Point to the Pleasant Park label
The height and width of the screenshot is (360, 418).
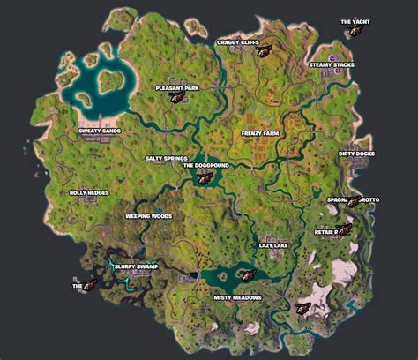pos(177,88)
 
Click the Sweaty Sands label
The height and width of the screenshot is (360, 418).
pos(99,131)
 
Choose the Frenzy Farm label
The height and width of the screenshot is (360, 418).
pos(260,133)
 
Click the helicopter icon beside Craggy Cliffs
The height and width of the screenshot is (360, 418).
pos(262,51)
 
